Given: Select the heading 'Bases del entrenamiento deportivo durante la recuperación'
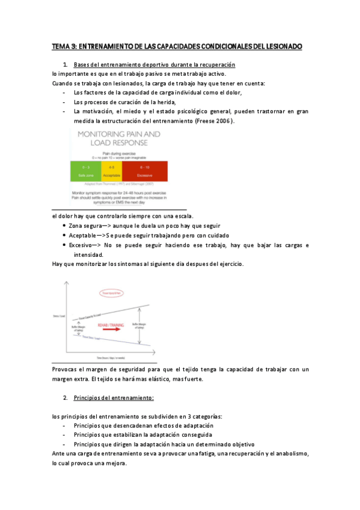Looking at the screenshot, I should [x=154, y=64].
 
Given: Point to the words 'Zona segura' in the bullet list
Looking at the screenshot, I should [x=90, y=226].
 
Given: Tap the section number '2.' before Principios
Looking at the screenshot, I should [x=65, y=398].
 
